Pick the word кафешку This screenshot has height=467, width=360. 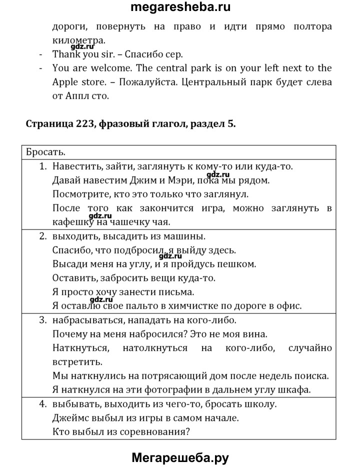point(73,221)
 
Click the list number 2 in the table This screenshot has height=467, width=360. point(42,235)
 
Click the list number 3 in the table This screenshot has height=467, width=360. point(42,319)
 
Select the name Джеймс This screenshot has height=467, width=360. point(68,417)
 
